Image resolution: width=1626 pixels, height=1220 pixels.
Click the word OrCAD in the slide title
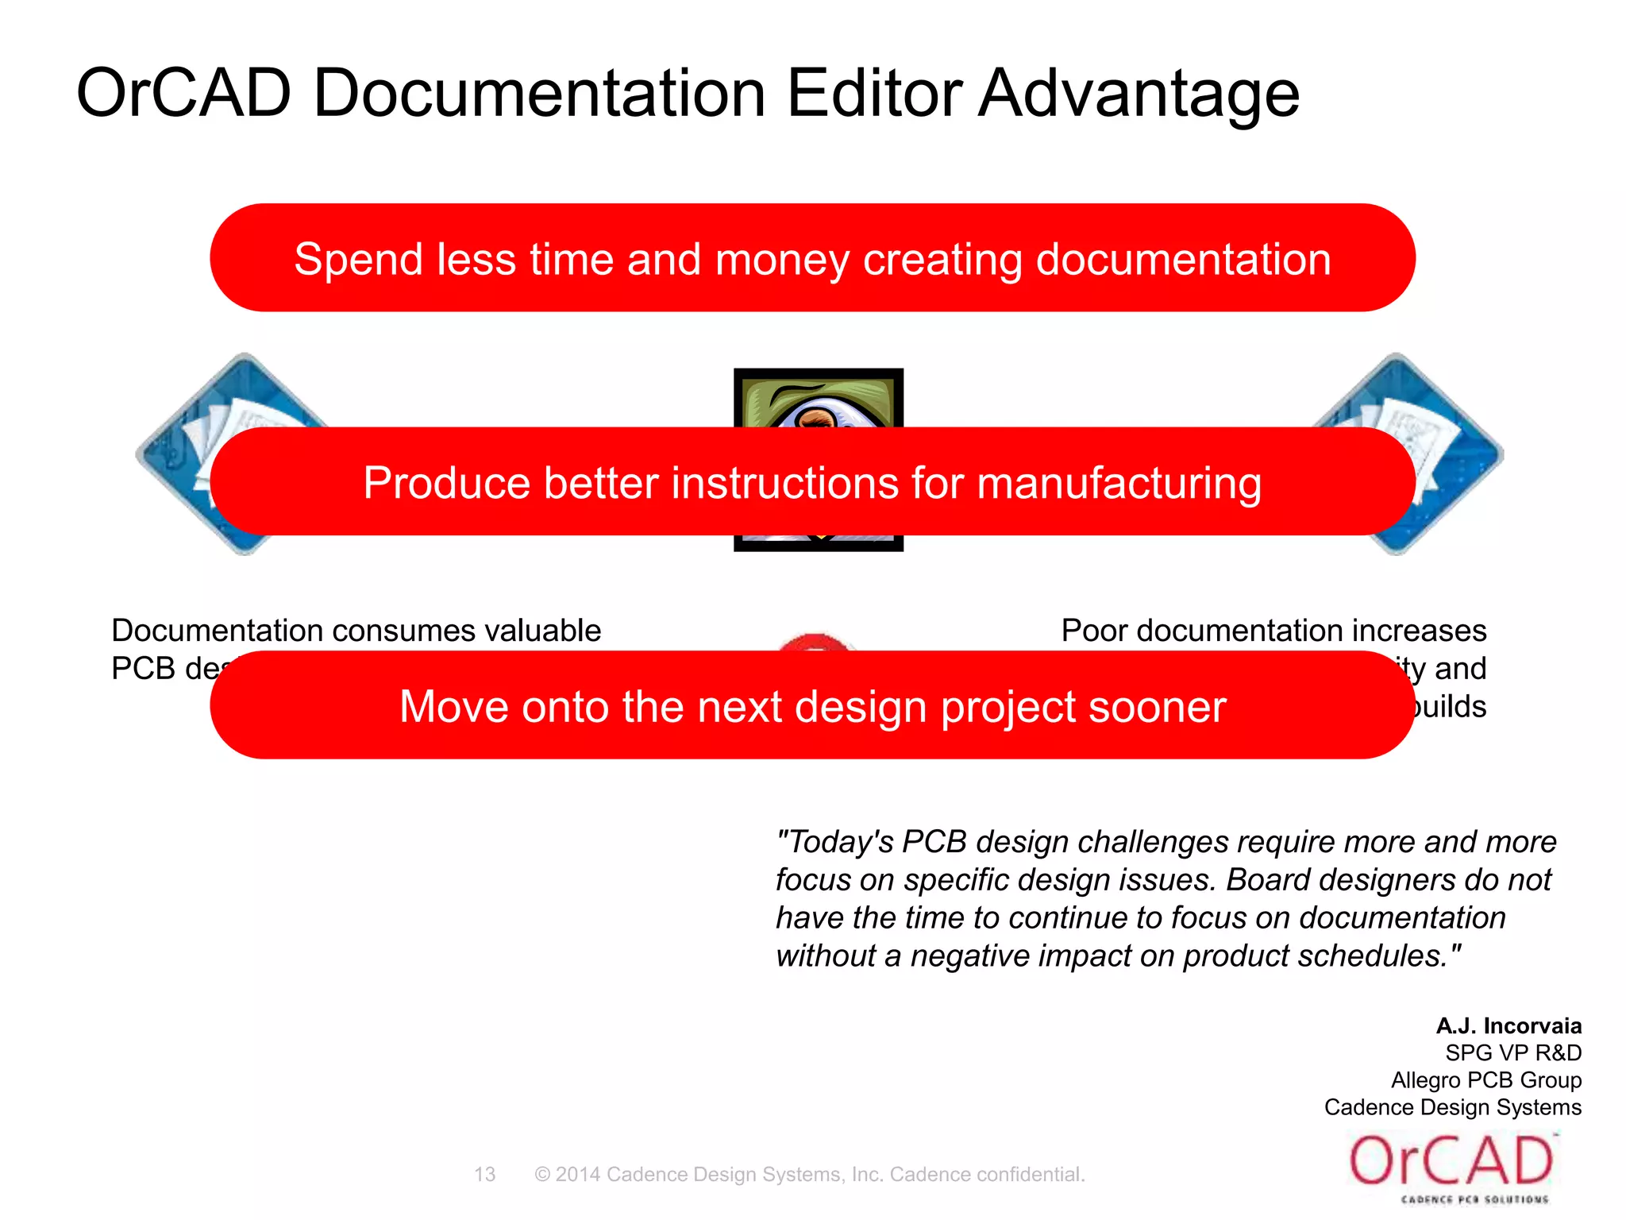[x=183, y=94]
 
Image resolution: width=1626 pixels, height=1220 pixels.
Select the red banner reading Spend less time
[x=811, y=258]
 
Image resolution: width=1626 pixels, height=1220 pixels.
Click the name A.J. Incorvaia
[x=1508, y=1025]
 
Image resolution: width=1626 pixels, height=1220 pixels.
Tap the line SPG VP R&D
[x=1512, y=1052]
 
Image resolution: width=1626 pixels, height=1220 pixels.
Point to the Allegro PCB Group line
[x=1485, y=1080]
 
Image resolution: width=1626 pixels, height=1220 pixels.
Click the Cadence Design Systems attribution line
[x=1452, y=1107]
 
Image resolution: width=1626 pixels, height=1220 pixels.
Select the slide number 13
[x=484, y=1174]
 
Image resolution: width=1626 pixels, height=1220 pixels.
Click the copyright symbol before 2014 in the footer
[x=542, y=1174]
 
